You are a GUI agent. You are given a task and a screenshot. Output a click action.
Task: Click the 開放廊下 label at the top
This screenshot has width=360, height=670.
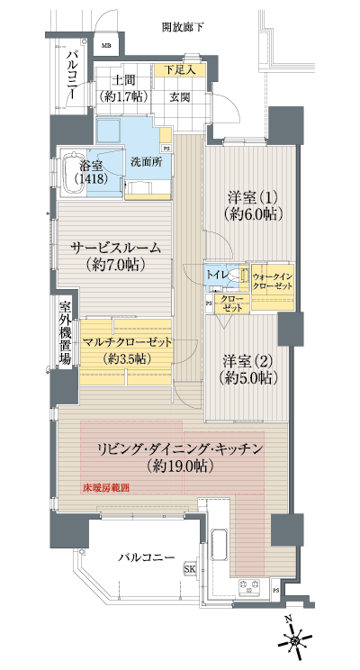coord(183,28)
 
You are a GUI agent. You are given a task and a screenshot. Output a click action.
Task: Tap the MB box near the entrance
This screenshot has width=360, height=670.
coord(105,45)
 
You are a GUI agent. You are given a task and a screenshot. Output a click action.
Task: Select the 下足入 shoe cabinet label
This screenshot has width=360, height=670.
coord(180,69)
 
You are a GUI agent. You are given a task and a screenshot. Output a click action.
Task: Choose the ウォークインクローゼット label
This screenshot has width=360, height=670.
coord(273,279)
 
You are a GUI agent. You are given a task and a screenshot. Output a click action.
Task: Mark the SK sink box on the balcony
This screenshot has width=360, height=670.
coord(190,569)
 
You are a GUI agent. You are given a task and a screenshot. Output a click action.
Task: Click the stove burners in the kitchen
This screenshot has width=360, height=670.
coord(249,588)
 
